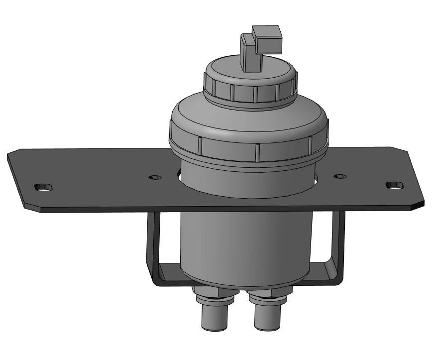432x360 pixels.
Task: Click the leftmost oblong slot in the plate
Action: (43, 187)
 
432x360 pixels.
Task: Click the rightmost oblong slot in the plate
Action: (395, 185)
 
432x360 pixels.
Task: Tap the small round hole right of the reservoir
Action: (340, 176)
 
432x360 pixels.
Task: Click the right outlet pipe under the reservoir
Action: (268, 317)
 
